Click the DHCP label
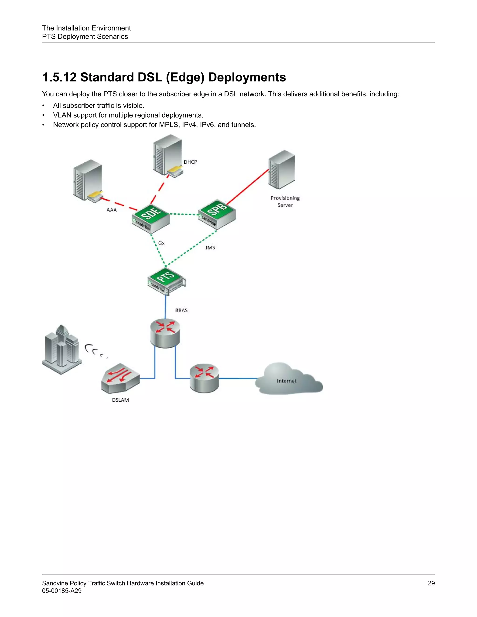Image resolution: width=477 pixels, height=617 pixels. (190, 162)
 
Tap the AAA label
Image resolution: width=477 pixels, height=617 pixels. (111, 210)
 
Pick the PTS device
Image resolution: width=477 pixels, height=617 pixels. (167, 281)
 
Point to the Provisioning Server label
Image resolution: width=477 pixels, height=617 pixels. (285, 201)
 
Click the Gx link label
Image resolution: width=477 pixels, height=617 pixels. (161, 243)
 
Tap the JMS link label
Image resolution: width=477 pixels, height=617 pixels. (210, 247)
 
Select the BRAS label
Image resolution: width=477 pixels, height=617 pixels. (181, 310)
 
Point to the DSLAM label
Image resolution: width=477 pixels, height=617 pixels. (120, 400)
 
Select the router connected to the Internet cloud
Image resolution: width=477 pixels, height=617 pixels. (204, 378)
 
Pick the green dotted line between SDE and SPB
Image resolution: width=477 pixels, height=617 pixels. (184, 214)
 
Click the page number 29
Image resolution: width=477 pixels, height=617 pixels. (431, 583)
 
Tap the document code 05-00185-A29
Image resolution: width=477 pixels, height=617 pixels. (61, 591)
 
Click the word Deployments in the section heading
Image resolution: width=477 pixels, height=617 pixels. (247, 77)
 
